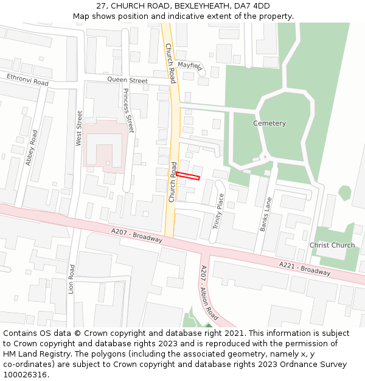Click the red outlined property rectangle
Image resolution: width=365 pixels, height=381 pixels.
pos(188,176)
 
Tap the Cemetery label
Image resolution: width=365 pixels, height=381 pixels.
pos(269,123)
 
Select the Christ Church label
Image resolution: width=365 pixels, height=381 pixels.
pos(332,245)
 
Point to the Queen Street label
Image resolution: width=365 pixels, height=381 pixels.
pos(127,80)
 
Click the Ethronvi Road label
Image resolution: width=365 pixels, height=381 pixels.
pos(27,79)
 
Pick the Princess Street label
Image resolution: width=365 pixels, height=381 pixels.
pos(128,110)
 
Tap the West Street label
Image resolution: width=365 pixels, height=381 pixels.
pos(78,128)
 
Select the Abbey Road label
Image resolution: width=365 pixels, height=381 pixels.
pos(32,148)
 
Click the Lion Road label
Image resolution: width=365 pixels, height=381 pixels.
pos(72,279)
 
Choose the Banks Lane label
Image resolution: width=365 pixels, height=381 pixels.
pos(266,214)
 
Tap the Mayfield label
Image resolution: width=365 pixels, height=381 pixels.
pos(190,65)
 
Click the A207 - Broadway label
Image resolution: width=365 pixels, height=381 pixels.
pos(137,235)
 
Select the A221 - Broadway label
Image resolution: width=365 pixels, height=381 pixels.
pos(305,268)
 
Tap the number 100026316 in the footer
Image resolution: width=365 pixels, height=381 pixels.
pos(25,374)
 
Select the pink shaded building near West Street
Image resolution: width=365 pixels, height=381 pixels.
pos(104,144)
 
